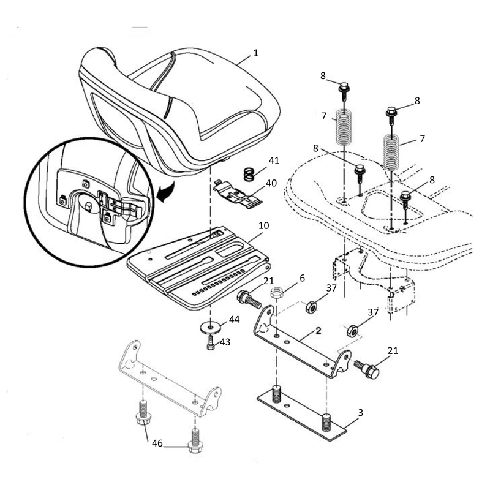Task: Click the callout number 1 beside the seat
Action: click(x=255, y=53)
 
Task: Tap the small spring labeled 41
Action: click(x=249, y=175)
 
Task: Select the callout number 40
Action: click(x=271, y=183)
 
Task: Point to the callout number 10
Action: click(x=264, y=225)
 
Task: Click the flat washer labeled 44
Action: click(x=211, y=328)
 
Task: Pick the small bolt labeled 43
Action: click(x=211, y=343)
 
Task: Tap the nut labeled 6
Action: click(x=277, y=293)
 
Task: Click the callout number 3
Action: click(x=360, y=412)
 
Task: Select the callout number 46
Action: click(x=157, y=443)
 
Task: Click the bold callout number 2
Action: click(x=318, y=331)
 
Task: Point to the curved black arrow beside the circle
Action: click(x=166, y=192)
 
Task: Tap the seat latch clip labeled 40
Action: click(x=238, y=194)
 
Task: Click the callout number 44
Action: click(x=235, y=319)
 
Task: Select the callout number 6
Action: click(x=302, y=278)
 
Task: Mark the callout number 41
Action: click(x=274, y=160)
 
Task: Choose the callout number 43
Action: click(x=225, y=342)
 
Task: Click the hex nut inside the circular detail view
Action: click(x=88, y=206)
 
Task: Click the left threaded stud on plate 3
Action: click(x=276, y=394)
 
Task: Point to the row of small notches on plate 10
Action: click(x=218, y=283)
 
